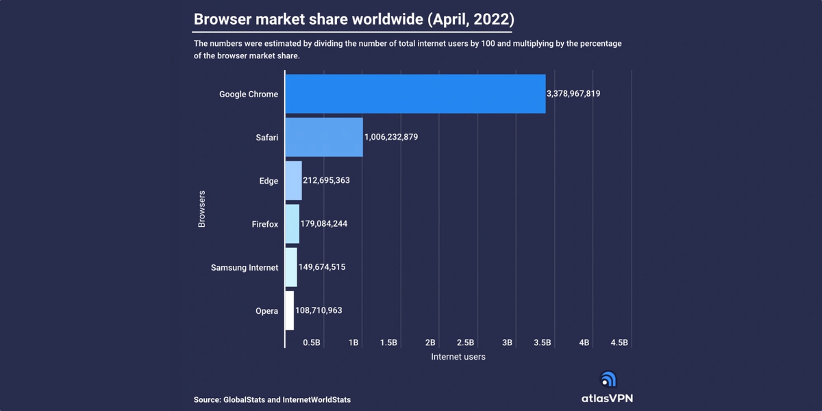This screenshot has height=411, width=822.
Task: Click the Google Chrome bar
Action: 415,94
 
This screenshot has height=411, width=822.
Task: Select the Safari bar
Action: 323,137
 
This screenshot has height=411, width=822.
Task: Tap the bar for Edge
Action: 293,181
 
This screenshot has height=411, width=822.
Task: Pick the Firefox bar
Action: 292,224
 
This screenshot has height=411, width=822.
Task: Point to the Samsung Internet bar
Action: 290,267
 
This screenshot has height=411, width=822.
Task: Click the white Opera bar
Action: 289,310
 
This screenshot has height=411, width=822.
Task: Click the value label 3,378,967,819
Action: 573,94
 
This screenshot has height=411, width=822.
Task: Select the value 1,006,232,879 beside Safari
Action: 391,137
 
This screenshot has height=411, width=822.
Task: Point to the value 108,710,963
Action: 319,310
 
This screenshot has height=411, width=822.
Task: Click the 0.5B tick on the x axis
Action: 312,342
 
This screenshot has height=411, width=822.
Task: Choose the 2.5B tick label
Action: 466,342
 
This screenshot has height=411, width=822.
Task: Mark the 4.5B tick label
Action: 619,342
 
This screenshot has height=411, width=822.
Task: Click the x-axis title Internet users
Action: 458,357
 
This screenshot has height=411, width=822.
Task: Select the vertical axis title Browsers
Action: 202,209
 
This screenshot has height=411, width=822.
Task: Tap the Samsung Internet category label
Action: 245,268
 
